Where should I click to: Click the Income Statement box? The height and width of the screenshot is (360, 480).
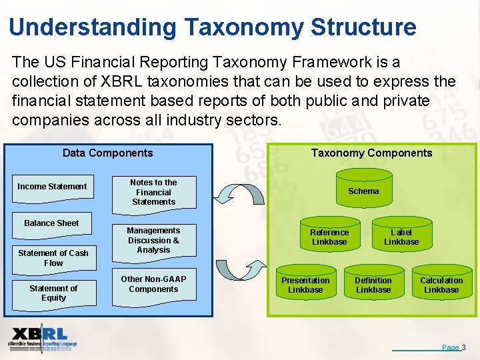tap(52, 187)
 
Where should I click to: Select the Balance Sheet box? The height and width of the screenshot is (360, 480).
tap(51, 223)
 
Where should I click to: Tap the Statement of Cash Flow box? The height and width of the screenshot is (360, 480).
tap(53, 258)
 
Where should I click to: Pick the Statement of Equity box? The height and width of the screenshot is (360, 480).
tap(53, 293)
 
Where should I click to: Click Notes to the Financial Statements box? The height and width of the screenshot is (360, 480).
tap(153, 192)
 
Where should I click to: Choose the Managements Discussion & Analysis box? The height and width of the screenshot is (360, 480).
tap(153, 240)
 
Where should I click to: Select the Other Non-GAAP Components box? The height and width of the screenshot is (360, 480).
tap(153, 285)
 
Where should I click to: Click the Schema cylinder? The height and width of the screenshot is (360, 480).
tap(363, 191)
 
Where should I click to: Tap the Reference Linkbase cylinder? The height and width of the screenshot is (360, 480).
tap(329, 237)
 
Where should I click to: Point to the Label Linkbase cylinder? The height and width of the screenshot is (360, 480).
tap(401, 237)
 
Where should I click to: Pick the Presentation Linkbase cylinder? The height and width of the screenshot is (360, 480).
tap(305, 285)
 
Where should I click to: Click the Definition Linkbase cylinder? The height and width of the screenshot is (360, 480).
tap(373, 285)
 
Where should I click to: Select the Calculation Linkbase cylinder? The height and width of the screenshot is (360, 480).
tap(441, 285)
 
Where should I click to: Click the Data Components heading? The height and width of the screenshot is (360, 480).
tap(107, 153)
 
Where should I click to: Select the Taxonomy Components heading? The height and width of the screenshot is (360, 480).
tap(371, 153)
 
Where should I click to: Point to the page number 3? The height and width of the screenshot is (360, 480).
tap(463, 347)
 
